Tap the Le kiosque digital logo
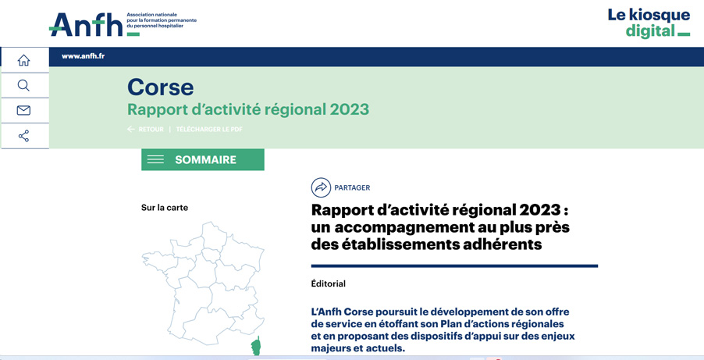click(649, 23)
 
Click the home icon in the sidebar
click(23, 60)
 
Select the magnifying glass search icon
click(23, 85)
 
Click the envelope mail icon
click(23, 111)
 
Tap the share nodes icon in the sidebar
click(23, 136)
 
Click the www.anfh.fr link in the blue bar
click(83, 57)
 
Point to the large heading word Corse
click(160, 87)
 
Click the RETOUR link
click(151, 130)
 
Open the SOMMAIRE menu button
click(202, 159)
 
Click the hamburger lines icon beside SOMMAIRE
click(155, 159)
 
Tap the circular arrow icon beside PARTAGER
click(321, 187)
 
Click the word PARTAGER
click(353, 188)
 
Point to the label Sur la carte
click(165, 208)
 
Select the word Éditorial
click(329, 283)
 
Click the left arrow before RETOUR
click(130, 130)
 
